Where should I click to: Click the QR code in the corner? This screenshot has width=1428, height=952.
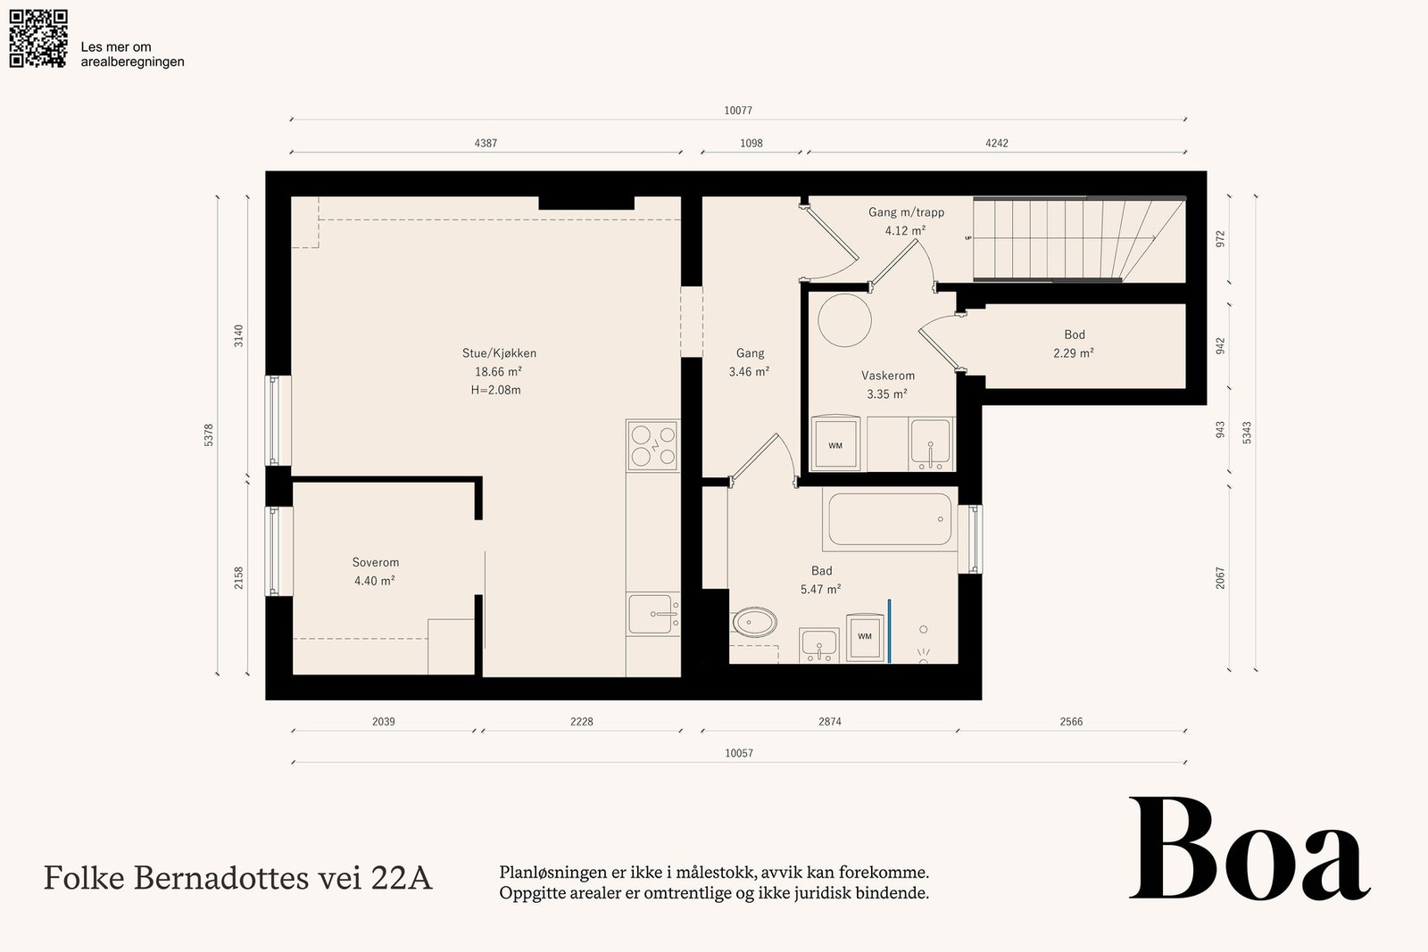38,38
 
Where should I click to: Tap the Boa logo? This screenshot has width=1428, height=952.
1249,849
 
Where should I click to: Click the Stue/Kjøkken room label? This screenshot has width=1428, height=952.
499,353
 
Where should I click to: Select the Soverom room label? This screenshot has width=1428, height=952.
376,562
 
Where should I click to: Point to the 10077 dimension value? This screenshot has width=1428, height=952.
738,111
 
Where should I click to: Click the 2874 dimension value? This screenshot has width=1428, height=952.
830,721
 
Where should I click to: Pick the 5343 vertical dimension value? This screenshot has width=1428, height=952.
1247,433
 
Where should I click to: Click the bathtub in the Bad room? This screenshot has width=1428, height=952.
890,518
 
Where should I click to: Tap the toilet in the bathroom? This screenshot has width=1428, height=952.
755,622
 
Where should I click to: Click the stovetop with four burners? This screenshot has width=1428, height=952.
652,445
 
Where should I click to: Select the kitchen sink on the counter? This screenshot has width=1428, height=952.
652,614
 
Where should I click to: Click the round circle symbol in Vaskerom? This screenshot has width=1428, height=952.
844,320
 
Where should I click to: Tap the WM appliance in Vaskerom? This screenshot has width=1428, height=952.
835,443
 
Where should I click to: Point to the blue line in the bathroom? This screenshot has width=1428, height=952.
889,631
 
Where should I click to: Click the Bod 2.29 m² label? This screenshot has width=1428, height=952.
1075,344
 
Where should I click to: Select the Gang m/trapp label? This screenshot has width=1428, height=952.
906,212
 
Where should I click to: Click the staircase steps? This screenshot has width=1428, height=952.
1079,239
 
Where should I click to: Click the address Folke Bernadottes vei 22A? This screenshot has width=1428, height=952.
237,877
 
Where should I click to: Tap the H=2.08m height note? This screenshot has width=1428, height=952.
496,390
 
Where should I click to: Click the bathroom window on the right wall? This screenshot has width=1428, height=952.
971,539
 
